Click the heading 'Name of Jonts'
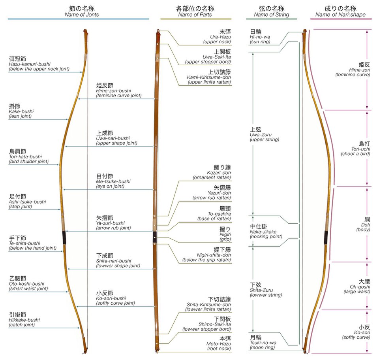(x=82, y=15)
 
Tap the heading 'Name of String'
(x=272, y=15)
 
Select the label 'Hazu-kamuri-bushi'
(x=30, y=64)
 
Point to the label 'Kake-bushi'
(x=21, y=111)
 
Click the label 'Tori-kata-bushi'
(x=25, y=156)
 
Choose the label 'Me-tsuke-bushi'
(x=113, y=181)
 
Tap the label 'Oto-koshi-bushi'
(x=26, y=284)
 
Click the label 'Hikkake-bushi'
(x=24, y=320)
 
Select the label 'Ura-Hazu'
(x=220, y=37)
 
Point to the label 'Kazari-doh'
(x=219, y=173)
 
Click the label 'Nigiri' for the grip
(x=225, y=234)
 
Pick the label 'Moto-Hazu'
(x=219, y=344)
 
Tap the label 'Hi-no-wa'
(x=260, y=37)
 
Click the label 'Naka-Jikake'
(x=263, y=232)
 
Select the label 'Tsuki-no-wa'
(x=263, y=343)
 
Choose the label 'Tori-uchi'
(x=360, y=149)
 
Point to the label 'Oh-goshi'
(x=360, y=287)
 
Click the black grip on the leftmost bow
(x=64, y=237)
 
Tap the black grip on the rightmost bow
(x=326, y=237)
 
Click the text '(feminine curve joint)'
(x=119, y=96)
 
